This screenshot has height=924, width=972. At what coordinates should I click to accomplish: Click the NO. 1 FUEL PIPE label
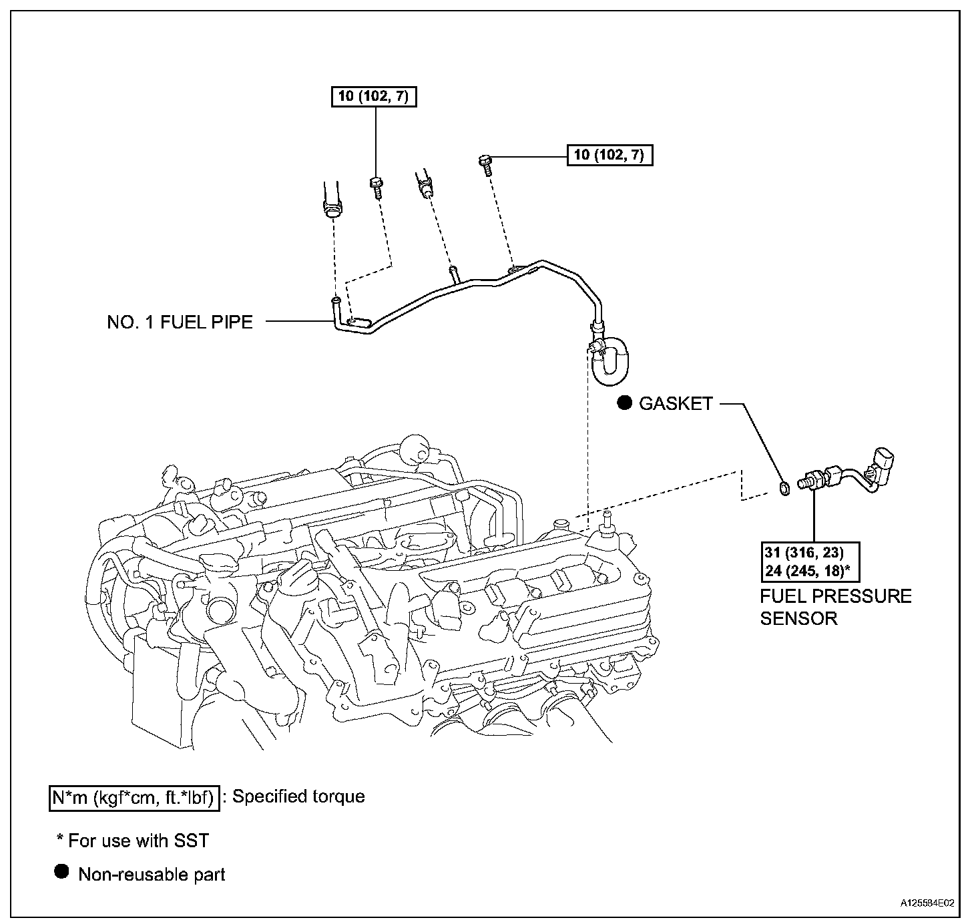click(180, 322)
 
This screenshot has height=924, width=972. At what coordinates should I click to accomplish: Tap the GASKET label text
click(676, 403)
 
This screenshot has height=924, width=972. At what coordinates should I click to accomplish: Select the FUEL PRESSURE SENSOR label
click(835, 606)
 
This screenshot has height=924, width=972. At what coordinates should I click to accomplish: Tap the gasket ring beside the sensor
click(786, 489)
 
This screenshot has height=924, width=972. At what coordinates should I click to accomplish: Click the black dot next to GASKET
click(624, 403)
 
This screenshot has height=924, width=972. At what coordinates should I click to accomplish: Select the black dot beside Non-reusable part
click(61, 872)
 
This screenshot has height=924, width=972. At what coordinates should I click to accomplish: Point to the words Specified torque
click(298, 796)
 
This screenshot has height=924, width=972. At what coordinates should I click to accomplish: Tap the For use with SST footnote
click(133, 841)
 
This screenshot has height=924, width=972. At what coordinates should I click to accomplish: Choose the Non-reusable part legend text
click(152, 875)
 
